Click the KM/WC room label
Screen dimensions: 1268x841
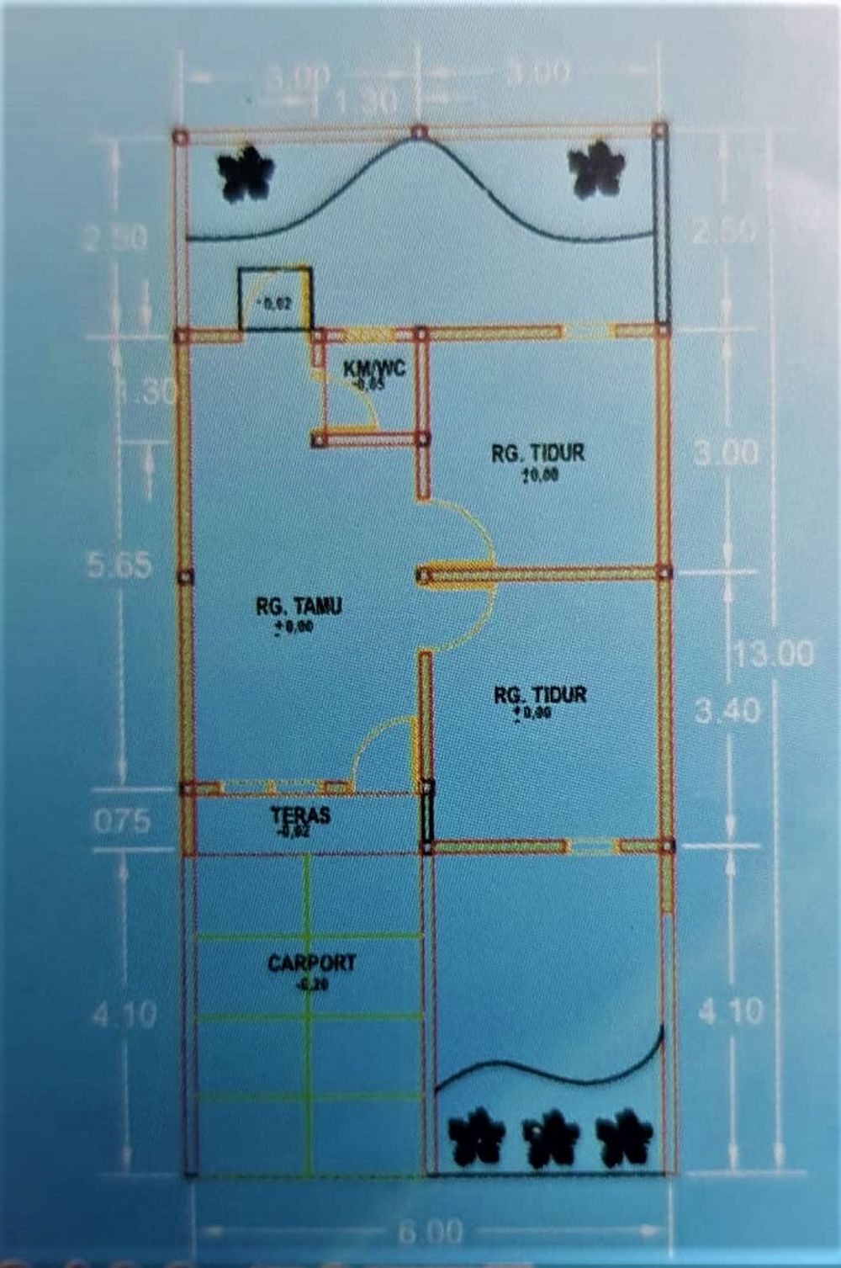point(375,368)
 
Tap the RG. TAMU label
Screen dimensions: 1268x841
point(299,606)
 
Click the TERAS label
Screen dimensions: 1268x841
point(300,815)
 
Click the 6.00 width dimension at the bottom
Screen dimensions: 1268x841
point(430,1232)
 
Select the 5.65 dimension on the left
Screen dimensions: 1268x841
point(120,565)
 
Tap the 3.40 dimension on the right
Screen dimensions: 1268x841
point(727,712)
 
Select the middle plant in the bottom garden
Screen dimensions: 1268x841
point(552,1138)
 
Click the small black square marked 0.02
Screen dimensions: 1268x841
point(275,300)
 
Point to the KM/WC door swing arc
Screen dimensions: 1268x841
point(363,405)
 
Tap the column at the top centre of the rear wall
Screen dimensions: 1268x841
point(419,131)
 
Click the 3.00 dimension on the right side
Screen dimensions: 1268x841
point(727,453)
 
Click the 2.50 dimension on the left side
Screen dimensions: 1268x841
point(114,239)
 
